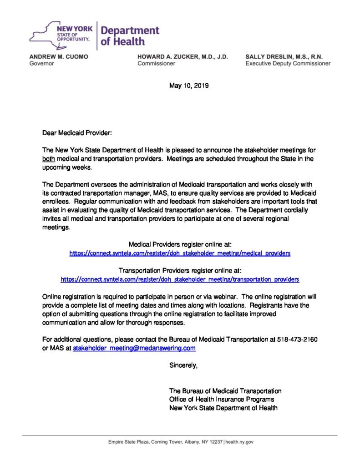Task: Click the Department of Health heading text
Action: pos(130,36)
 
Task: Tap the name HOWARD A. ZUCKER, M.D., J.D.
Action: pos(183,56)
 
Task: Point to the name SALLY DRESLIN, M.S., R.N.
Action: pos(284,56)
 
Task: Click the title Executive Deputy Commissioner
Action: pos(288,64)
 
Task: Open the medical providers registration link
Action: pos(180,253)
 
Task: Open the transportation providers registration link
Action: pos(180,279)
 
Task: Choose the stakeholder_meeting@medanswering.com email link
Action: pos(134,348)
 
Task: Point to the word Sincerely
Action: pos(183,365)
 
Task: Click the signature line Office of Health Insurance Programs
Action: pos(222,399)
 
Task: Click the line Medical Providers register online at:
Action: pos(180,244)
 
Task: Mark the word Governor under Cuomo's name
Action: pos(41,64)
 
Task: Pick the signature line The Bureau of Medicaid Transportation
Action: pos(225,391)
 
